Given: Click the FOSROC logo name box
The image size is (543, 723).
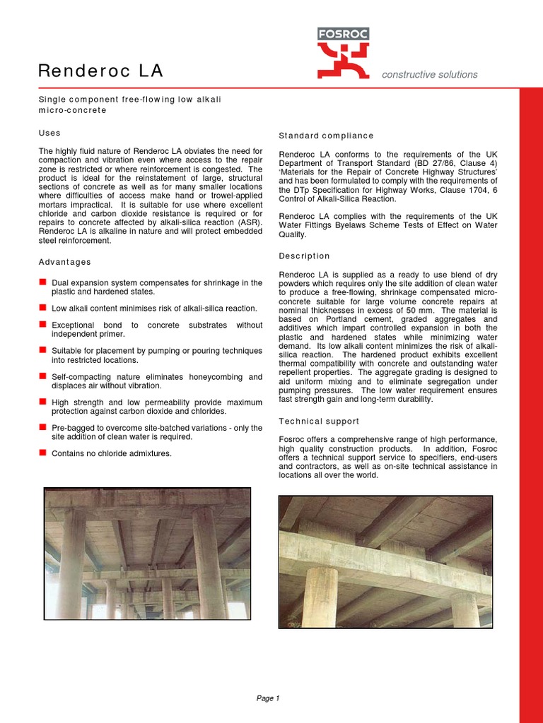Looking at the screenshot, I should pyautogui.click(x=343, y=34).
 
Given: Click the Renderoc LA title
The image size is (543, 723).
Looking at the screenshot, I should pyautogui.click(x=100, y=71).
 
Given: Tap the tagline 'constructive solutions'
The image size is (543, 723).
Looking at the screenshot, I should pyautogui.click(x=429, y=74).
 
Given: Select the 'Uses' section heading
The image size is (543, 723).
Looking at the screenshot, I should pyautogui.click(x=49, y=133).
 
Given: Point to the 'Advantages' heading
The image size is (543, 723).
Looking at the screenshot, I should pyautogui.click(x=64, y=262).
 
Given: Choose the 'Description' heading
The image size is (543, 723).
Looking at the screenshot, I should pyautogui.click(x=304, y=256).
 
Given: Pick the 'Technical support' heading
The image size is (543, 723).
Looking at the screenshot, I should pyautogui.click(x=319, y=421).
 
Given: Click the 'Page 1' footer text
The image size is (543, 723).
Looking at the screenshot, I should pyautogui.click(x=268, y=698).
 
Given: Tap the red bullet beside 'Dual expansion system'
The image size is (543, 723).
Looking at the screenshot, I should pyautogui.click(x=42, y=282).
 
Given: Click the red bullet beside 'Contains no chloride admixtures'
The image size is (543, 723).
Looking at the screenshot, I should pyautogui.click(x=42, y=453).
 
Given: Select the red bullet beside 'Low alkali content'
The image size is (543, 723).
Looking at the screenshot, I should pyautogui.click(x=42, y=308).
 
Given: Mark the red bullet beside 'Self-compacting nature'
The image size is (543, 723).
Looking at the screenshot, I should pyautogui.click(x=42, y=376).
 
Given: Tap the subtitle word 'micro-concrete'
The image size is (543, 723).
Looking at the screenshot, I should pyautogui.click(x=72, y=110).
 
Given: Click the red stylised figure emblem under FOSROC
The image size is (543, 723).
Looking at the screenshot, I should pyautogui.click(x=343, y=59).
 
